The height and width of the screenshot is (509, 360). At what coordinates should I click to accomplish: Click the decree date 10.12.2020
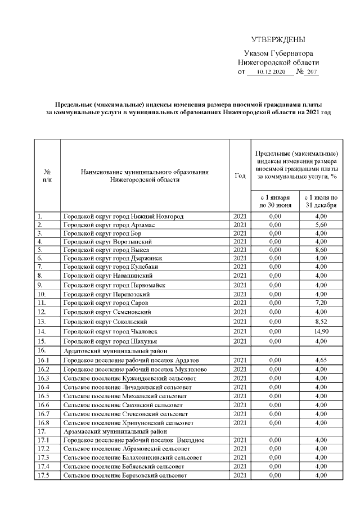271,73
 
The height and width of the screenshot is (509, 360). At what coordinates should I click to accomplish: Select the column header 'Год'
240,175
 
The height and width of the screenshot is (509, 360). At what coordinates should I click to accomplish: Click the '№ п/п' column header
47,175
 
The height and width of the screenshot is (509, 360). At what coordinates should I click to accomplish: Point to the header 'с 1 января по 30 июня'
275,201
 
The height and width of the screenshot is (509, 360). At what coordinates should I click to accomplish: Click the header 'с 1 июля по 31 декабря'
321,201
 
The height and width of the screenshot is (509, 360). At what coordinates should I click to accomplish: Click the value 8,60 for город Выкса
321,250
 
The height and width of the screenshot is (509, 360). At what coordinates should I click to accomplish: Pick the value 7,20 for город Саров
321,303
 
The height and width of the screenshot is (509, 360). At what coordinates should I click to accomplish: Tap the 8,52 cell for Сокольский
321,322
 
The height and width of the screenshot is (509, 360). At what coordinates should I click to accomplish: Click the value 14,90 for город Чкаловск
321,331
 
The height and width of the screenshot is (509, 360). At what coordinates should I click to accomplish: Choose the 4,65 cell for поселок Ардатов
321,360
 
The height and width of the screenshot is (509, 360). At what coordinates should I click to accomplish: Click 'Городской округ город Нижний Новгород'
123,216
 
